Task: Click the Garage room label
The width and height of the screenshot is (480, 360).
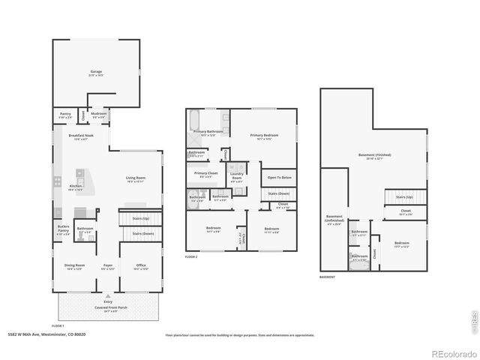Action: pyautogui.click(x=96, y=73)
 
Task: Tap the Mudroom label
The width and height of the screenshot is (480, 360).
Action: pyautogui.click(x=99, y=115)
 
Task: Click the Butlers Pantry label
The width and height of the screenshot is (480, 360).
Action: pyautogui.click(x=64, y=231)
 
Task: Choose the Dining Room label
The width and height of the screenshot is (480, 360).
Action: pyautogui.click(x=74, y=266)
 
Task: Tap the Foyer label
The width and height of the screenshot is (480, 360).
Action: pyautogui.click(x=108, y=266)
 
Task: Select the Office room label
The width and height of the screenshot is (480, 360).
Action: pyautogui.click(x=140, y=266)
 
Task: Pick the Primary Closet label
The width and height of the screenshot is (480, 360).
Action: pyautogui.click(x=206, y=174)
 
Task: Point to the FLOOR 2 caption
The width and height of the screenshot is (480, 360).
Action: pyautogui.click(x=191, y=256)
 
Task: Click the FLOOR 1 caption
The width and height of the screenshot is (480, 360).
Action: pyautogui.click(x=58, y=325)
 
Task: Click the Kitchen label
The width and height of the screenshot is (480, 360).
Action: pyautogui.click(x=76, y=187)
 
